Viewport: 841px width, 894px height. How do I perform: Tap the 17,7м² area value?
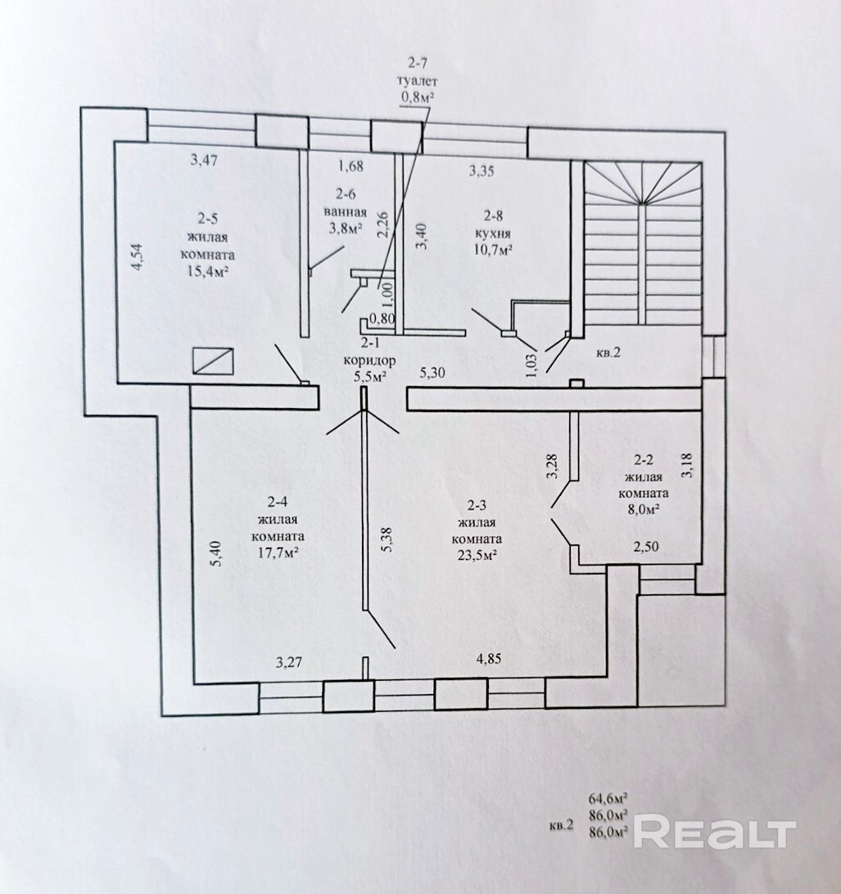(x=275, y=553)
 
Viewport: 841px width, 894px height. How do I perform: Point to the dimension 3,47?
(x=205, y=161)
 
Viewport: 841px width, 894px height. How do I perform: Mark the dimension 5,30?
(x=433, y=374)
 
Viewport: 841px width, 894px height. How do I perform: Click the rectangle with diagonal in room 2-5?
(x=214, y=361)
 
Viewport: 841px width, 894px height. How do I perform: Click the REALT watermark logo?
(x=714, y=833)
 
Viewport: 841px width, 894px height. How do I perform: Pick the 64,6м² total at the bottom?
(x=608, y=796)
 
